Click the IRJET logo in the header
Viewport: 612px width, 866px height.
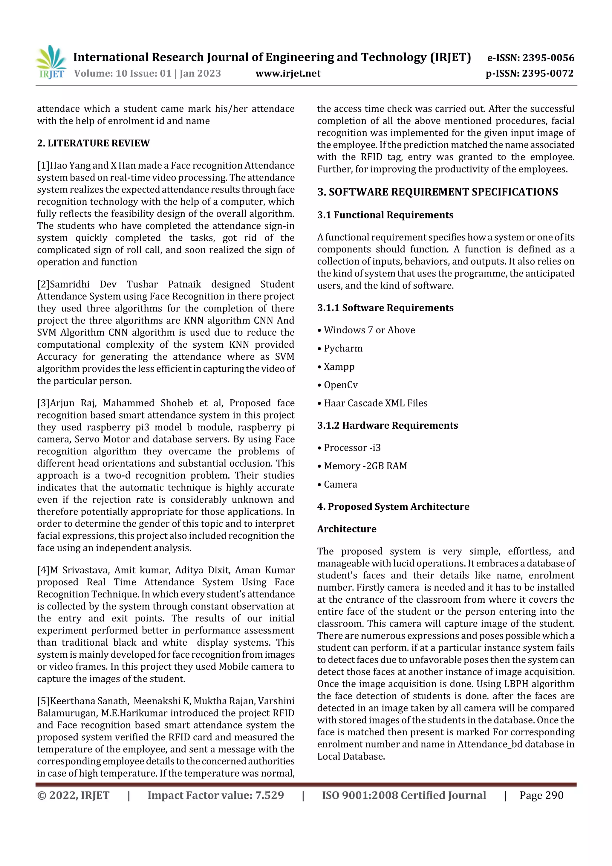point(51,62)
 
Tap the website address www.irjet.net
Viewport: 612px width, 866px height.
point(288,73)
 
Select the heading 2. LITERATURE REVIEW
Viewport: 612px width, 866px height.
point(93,143)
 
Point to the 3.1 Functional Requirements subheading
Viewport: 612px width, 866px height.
point(385,215)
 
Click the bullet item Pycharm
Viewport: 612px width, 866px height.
point(343,348)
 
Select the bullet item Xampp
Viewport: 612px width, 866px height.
point(339,366)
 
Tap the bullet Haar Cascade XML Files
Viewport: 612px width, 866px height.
point(375,403)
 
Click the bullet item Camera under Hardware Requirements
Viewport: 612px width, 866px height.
point(340,484)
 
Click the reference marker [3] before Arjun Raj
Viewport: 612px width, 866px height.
point(43,403)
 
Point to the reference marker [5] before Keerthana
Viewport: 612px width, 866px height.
point(43,701)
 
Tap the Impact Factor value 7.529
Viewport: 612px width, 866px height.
point(269,795)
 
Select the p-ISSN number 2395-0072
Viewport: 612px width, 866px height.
point(547,73)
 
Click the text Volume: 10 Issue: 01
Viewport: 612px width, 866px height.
point(123,73)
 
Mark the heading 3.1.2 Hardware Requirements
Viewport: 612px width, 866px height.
point(387,425)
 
